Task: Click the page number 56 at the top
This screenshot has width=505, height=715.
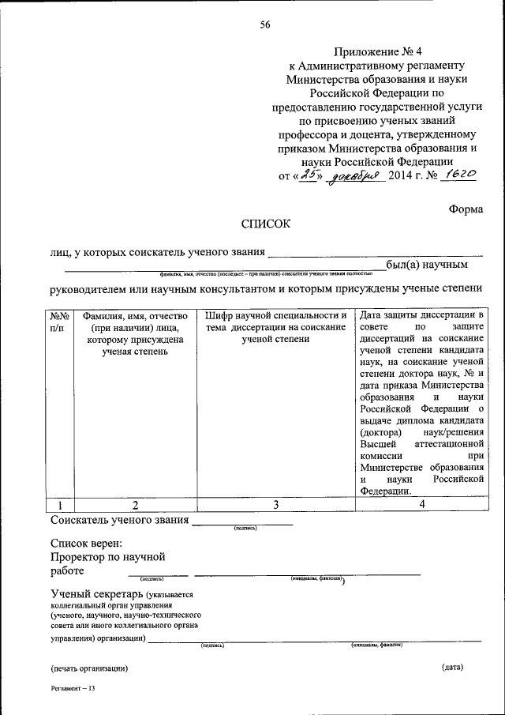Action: click(265, 25)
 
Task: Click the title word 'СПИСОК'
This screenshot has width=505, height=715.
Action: click(265, 224)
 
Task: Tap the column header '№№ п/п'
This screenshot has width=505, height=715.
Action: click(60, 321)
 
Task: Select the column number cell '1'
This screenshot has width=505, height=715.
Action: click(60, 505)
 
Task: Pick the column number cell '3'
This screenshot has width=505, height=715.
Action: click(275, 505)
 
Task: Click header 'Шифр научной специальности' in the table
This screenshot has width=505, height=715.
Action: click(275, 316)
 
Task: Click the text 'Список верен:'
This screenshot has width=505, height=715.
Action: click(87, 544)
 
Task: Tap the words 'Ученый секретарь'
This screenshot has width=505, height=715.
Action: click(95, 593)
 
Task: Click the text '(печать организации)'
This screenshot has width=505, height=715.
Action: click(88, 668)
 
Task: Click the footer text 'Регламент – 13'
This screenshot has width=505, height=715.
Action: click(73, 689)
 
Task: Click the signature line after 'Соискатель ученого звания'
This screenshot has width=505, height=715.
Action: click(242, 523)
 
